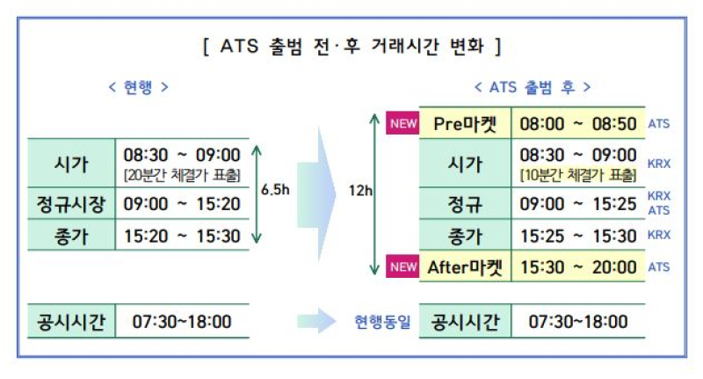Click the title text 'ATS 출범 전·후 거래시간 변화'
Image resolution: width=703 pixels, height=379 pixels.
click(352, 47)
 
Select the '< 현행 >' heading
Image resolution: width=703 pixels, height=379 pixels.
click(139, 87)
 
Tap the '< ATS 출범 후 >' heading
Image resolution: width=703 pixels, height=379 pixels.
click(533, 87)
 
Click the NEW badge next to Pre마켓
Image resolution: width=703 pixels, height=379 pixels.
click(402, 123)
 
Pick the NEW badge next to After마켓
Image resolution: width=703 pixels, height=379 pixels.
click(402, 266)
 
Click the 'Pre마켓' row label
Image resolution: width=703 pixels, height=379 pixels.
click(465, 124)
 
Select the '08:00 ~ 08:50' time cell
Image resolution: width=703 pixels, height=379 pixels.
click(578, 124)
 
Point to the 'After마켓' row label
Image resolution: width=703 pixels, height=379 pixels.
click(465, 267)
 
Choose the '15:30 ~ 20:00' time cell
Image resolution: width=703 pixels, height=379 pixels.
click(578, 267)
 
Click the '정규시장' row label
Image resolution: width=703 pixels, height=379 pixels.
click(71, 204)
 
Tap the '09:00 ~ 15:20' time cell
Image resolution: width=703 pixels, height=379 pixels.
click(182, 204)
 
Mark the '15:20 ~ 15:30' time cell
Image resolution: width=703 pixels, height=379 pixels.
click(182, 236)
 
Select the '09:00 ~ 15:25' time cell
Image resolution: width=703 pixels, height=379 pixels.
click(578, 204)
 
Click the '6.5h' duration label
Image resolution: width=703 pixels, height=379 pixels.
click(275, 190)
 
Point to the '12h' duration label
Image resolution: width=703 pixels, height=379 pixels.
click(360, 191)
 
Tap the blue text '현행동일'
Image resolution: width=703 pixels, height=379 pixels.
click(382, 322)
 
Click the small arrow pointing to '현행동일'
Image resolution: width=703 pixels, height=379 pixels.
click(316, 321)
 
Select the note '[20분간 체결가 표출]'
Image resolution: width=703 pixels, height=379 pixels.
click(182, 175)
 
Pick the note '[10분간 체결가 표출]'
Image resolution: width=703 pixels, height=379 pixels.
click(578, 175)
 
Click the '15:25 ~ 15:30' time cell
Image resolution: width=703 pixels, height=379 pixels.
click(578, 236)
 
